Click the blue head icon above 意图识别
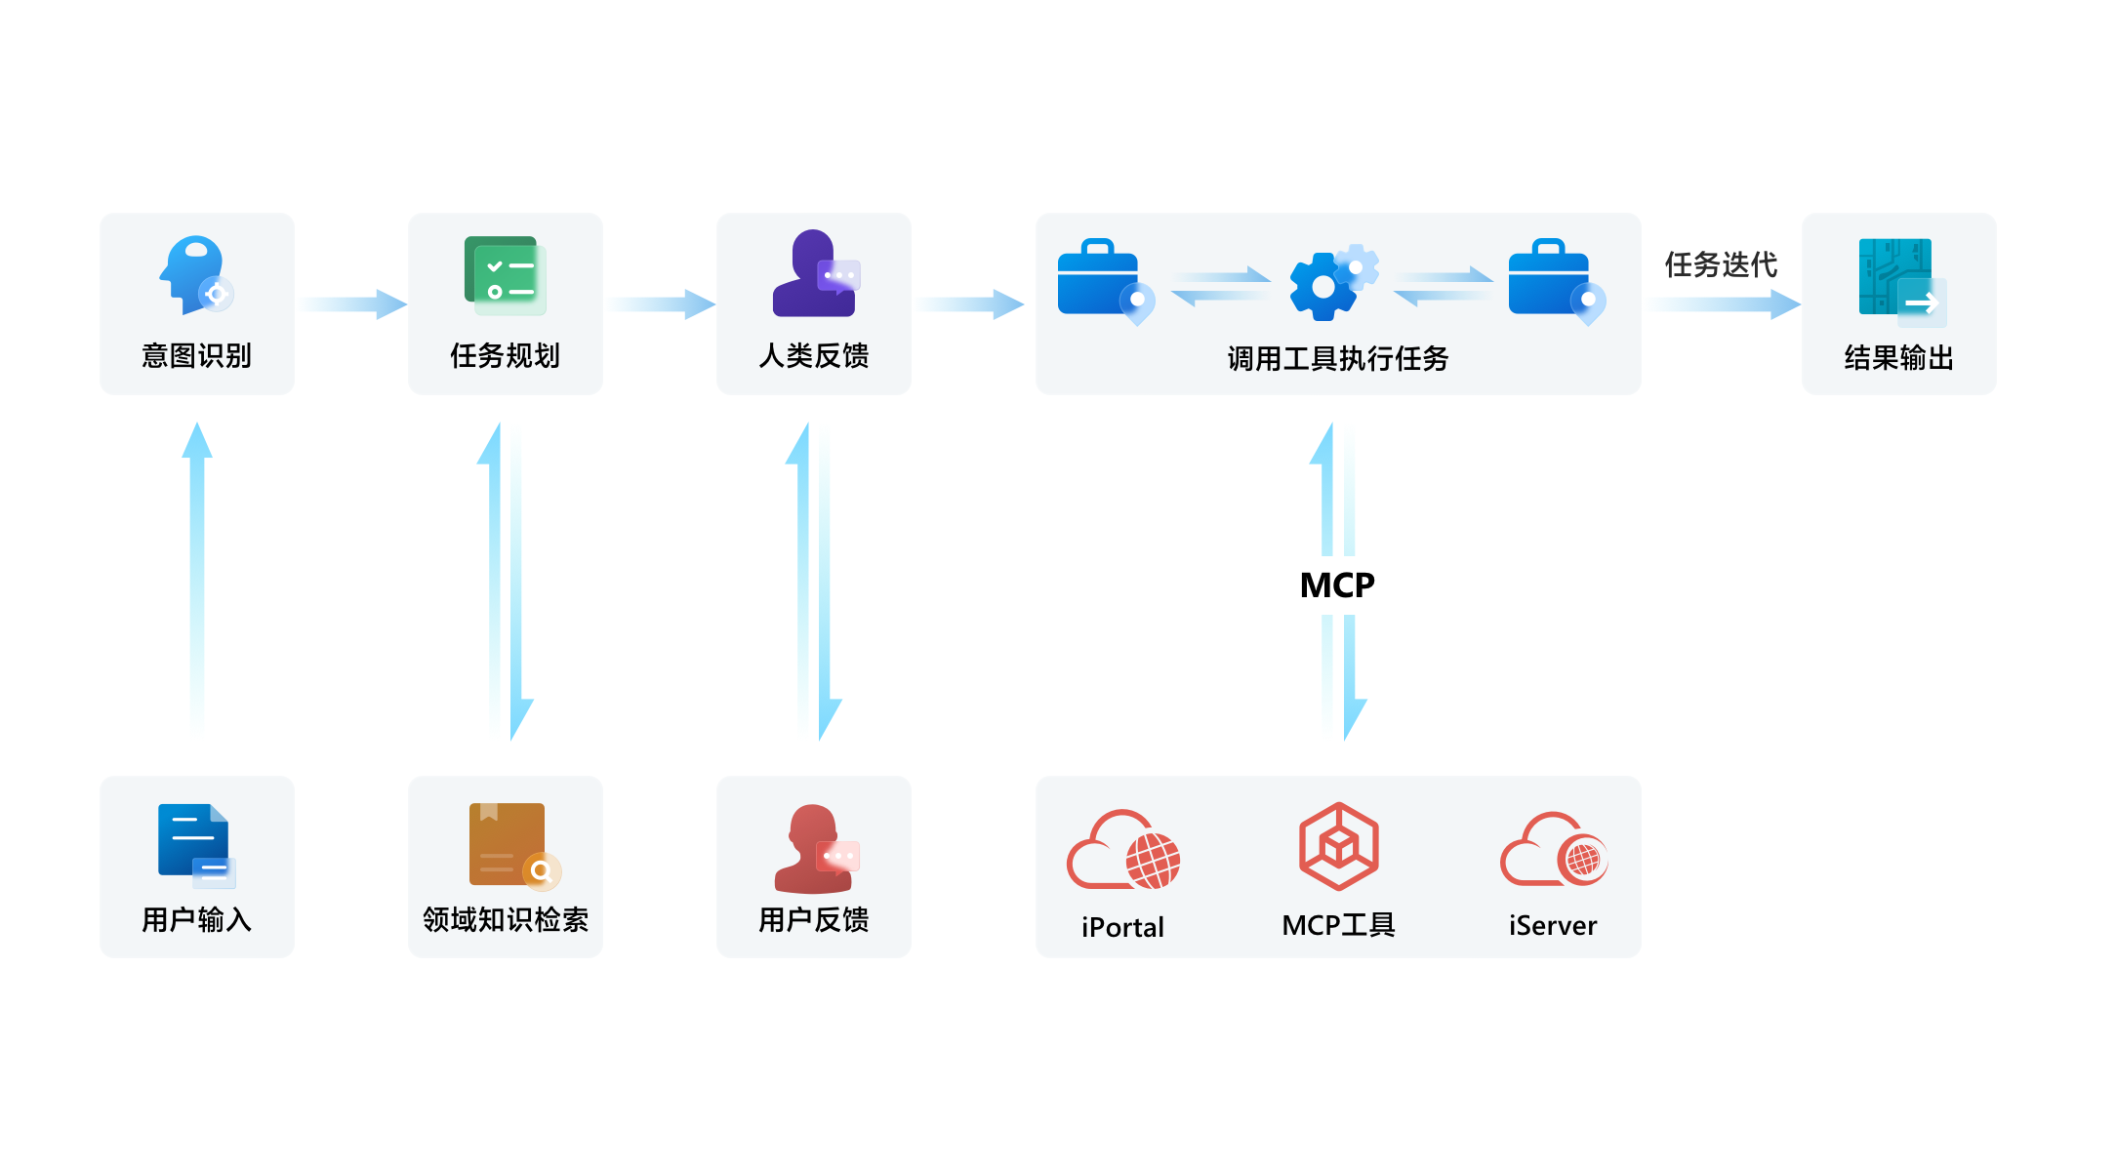[196, 274]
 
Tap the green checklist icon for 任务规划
[505, 274]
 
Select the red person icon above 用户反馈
[815, 848]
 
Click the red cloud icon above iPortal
[1122, 851]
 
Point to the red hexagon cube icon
[1338, 846]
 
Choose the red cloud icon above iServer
[1553, 850]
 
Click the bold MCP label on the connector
[1337, 585]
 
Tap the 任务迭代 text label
[1721, 264]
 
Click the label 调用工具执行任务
[1337, 359]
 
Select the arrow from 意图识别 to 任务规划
[353, 304]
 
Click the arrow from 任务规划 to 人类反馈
[662, 304]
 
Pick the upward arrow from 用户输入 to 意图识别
[197, 576]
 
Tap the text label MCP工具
[1338, 925]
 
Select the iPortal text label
[1122, 927]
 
